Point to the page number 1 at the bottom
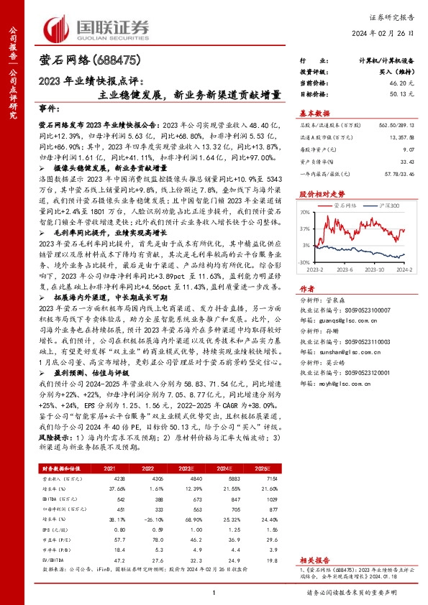tap(214, 592)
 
